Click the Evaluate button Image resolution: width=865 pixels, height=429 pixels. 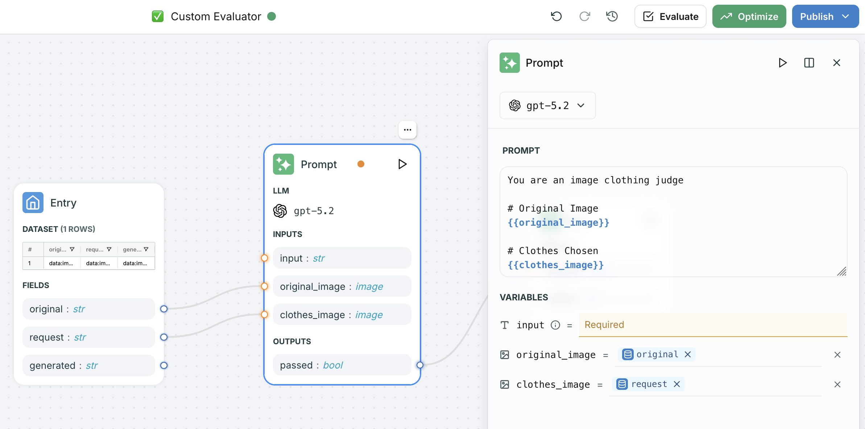coord(670,17)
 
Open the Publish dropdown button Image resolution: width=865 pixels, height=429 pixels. coord(825,17)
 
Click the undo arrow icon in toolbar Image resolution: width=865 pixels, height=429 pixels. coord(556,17)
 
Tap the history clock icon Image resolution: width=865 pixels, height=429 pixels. coord(612,17)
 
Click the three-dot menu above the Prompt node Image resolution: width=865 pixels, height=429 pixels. coord(407,130)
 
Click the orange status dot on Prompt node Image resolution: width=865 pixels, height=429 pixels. coord(361,164)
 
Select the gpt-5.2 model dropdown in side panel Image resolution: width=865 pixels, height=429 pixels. coord(547,105)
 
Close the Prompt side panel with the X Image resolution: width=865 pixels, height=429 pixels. coord(837,63)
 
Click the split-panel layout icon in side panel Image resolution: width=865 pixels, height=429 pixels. coord(809,63)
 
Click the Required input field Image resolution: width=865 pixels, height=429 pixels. coord(713,325)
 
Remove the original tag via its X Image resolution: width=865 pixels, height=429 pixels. coord(688,354)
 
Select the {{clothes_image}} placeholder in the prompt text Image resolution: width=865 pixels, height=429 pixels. coord(555,265)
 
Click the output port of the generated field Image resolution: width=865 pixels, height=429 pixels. coord(164,365)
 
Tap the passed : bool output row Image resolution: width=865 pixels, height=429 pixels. coord(342,365)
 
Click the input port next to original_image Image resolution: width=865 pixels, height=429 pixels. coord(265,286)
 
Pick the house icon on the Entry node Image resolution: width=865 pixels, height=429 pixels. coord(33,203)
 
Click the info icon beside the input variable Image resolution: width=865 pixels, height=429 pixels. coord(555,325)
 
